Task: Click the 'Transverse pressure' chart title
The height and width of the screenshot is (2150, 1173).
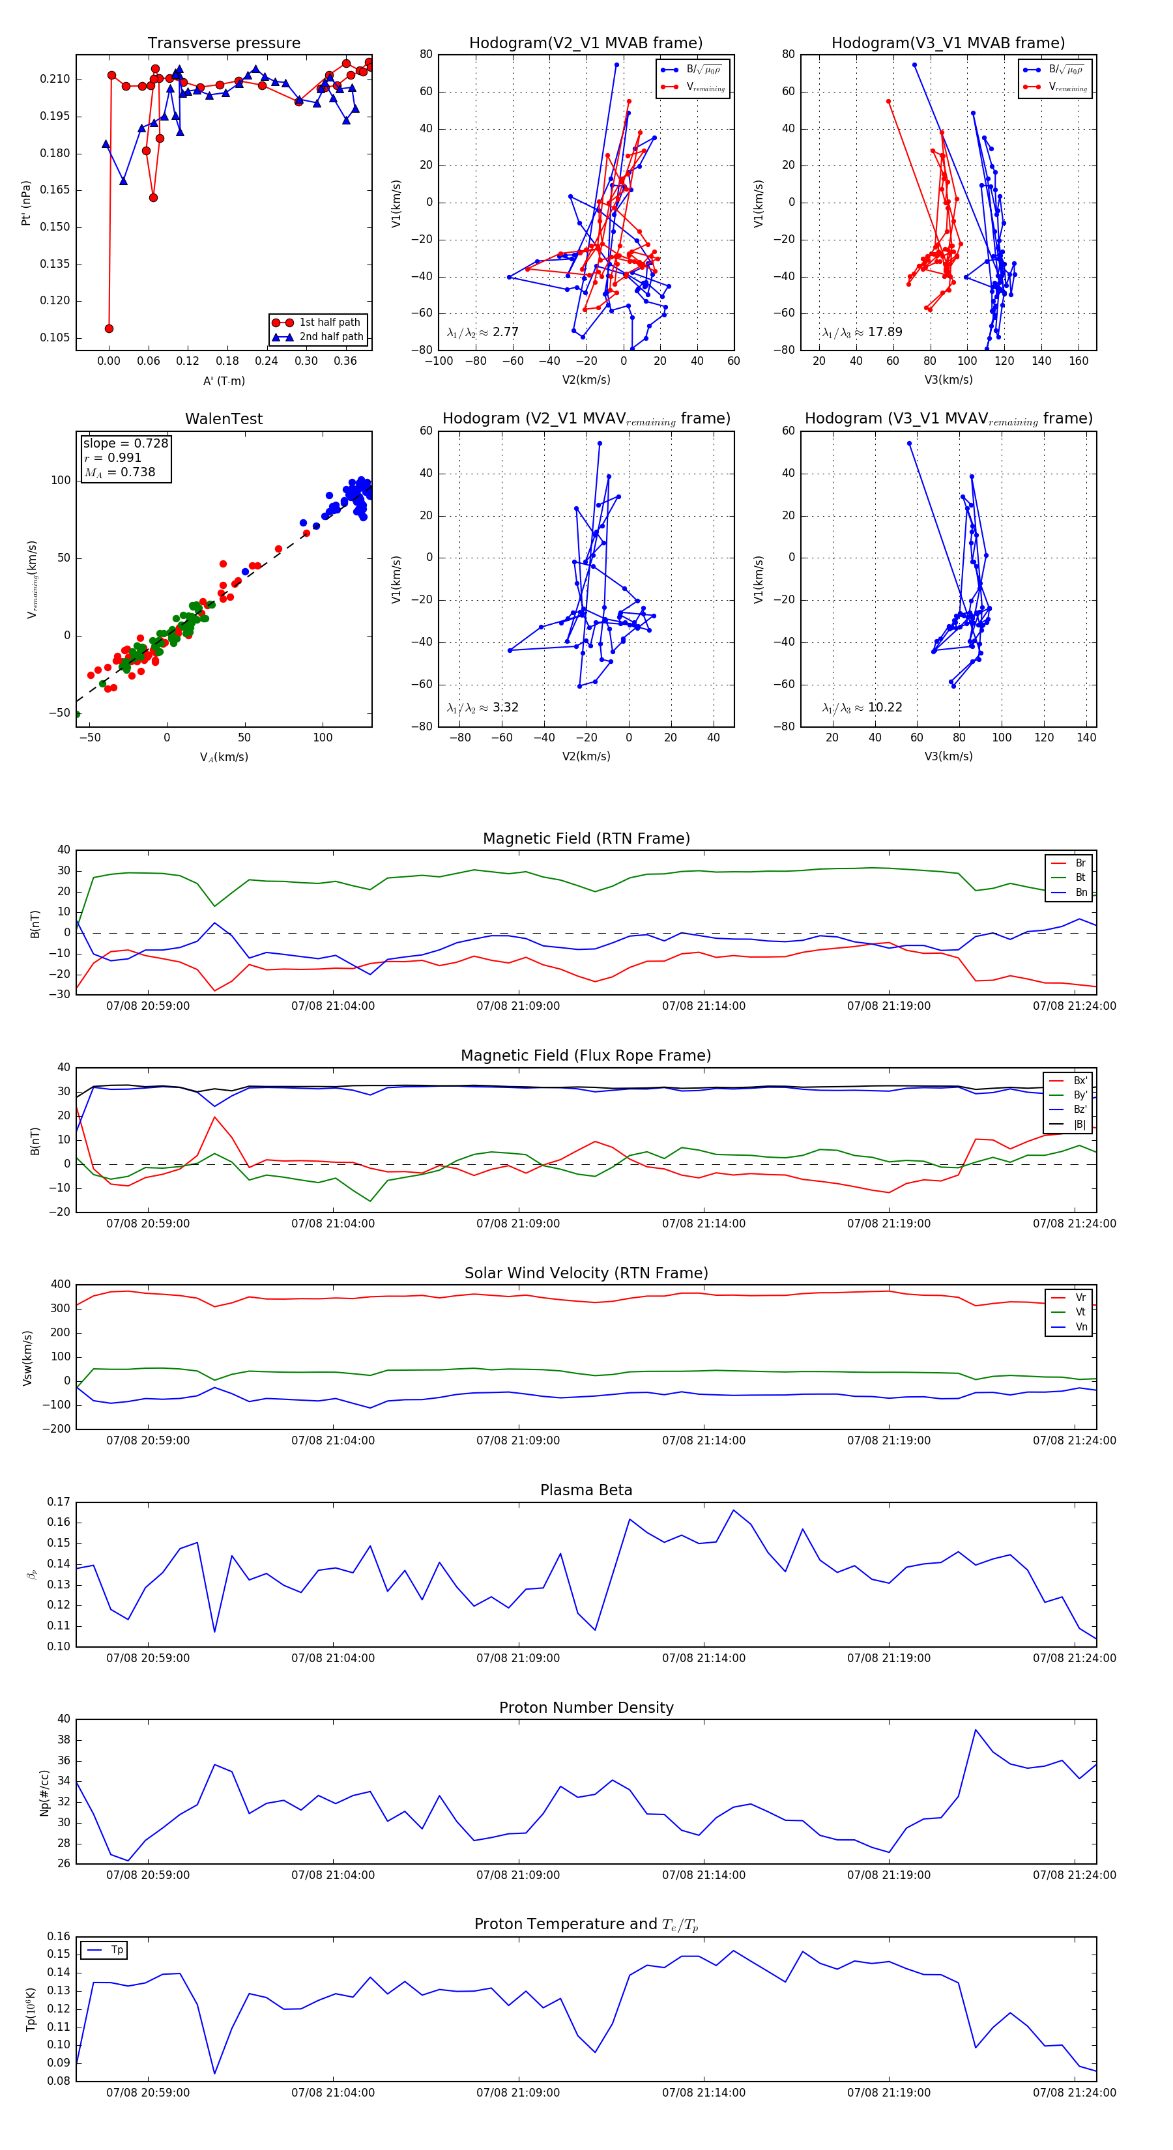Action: click(224, 44)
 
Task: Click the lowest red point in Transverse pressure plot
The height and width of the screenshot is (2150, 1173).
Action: click(109, 329)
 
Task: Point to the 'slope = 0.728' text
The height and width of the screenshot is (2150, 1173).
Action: click(125, 443)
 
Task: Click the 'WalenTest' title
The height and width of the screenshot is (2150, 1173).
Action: click(224, 419)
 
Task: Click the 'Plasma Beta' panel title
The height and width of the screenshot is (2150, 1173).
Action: click(586, 1490)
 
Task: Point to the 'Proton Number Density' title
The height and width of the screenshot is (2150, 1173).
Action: click(586, 1708)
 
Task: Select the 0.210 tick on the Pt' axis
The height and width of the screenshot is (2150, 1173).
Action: click(55, 79)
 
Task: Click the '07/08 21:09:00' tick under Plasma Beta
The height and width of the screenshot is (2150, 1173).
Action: click(517, 1657)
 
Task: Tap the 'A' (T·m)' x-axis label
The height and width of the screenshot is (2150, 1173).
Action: click(224, 380)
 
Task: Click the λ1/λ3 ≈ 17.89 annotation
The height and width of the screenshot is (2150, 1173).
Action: click(862, 332)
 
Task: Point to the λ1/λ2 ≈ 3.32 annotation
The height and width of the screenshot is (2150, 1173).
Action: click(482, 708)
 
